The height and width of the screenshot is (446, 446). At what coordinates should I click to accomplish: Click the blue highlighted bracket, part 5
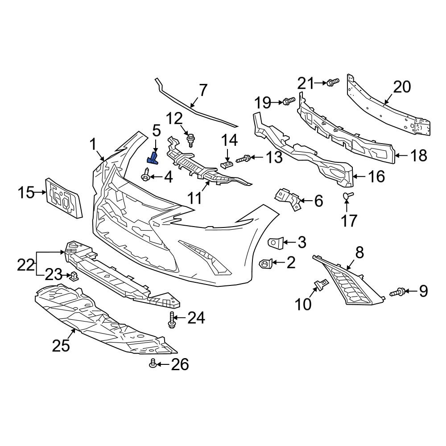(152, 159)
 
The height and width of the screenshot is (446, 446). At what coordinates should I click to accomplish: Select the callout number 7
(203, 91)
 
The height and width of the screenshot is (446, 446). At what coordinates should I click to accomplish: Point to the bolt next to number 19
(289, 101)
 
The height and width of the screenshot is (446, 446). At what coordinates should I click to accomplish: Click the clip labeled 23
(74, 277)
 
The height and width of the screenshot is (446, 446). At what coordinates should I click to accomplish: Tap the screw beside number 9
(398, 293)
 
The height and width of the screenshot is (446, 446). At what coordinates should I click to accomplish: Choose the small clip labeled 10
(321, 283)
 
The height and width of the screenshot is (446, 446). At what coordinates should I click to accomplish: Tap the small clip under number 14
(227, 165)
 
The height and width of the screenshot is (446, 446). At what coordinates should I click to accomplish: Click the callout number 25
(61, 345)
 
